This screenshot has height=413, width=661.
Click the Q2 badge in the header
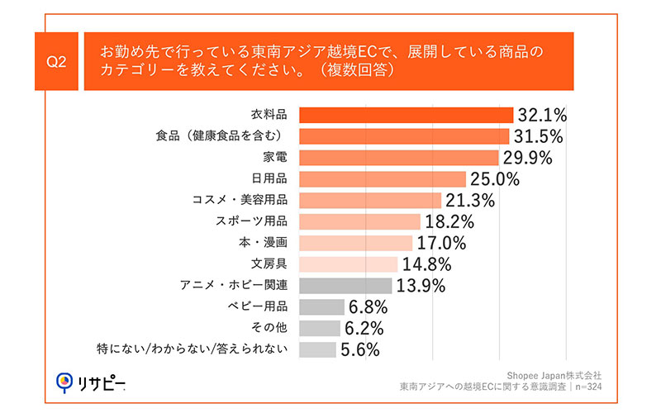(x=57, y=61)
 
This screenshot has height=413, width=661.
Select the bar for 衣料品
(x=406, y=114)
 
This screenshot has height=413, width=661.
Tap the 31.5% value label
(x=540, y=135)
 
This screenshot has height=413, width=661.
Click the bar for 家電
(x=398, y=157)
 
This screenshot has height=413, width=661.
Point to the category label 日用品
(x=269, y=178)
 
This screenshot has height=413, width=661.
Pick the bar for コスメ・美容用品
(x=369, y=200)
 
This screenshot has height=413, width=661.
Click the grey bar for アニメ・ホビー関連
(x=345, y=286)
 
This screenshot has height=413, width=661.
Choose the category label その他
(x=269, y=328)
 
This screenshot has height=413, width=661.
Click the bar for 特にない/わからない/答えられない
(x=317, y=349)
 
